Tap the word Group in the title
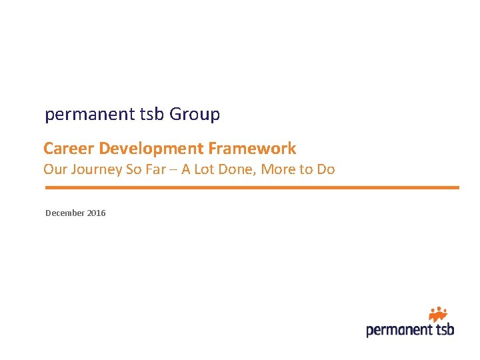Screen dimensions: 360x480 195,115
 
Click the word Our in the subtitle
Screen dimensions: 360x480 55,169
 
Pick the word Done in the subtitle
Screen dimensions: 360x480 239,169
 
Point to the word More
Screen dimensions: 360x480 279,169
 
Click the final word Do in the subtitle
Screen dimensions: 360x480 325,169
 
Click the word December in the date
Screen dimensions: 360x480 65,213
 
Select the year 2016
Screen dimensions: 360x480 96,213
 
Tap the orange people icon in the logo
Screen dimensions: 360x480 437,313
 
